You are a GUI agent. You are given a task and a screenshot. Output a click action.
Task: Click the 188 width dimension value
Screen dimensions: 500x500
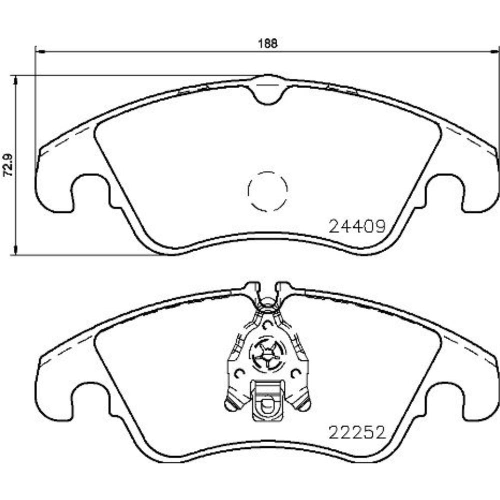(268, 42)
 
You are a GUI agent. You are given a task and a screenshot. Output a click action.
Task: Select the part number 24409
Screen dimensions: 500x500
(356, 227)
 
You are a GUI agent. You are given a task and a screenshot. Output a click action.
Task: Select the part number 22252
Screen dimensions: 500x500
(356, 431)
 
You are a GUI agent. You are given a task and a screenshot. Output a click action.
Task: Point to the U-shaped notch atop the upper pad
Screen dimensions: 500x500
(268, 92)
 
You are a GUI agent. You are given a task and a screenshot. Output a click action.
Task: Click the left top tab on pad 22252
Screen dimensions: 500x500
(252, 288)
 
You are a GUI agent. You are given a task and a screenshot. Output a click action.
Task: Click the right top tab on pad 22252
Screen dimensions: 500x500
(282, 288)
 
